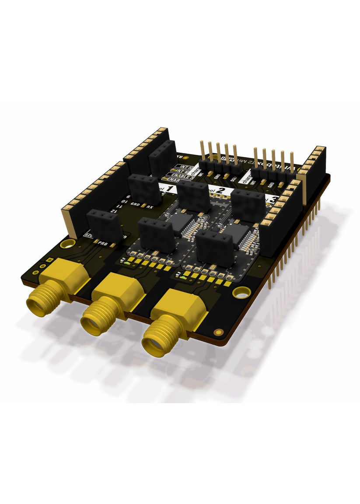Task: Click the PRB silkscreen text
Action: coord(103,242)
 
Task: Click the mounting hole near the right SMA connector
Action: coord(240,292)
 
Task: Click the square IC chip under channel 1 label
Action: coord(179,221)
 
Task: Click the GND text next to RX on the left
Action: coord(136,204)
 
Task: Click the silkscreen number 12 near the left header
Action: coord(112,211)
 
